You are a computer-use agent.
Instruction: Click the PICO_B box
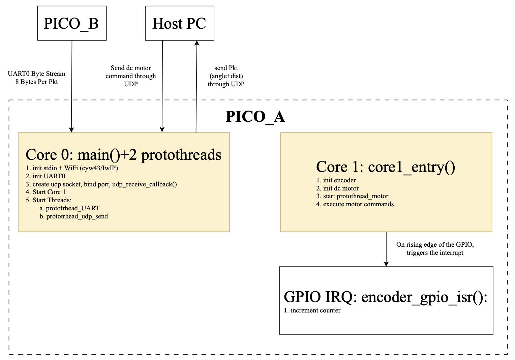(x=71, y=23)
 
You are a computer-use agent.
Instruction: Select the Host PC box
(x=179, y=23)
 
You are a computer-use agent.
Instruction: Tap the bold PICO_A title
(x=255, y=117)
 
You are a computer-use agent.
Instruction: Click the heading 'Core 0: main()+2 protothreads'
(x=123, y=155)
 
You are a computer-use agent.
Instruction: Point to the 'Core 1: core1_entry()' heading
(x=386, y=167)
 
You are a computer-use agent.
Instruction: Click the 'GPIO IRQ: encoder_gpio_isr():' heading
(x=386, y=297)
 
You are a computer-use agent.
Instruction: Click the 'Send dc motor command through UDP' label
(x=131, y=76)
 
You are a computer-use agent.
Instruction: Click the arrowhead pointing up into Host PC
(x=197, y=43)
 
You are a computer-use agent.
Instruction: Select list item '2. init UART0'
(x=46, y=176)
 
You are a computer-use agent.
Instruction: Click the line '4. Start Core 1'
(x=46, y=192)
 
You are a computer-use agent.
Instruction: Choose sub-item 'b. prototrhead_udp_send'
(x=74, y=216)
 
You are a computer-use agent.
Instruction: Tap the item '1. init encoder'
(x=336, y=180)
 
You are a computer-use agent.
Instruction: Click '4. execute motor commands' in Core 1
(x=355, y=204)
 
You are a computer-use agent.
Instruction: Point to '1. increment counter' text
(x=312, y=310)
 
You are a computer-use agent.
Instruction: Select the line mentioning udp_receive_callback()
(x=101, y=184)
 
